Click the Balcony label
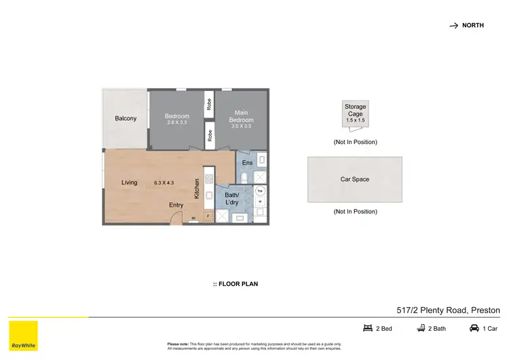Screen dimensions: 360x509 126,119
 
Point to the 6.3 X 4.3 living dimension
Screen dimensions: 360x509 164,182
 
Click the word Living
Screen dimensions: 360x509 130,182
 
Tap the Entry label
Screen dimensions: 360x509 176,204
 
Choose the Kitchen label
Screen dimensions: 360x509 197,188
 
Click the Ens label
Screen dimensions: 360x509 247,163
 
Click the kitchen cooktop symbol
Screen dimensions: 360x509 209,179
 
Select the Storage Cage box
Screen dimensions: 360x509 355,113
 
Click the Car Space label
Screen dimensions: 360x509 355,179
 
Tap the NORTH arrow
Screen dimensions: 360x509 453,26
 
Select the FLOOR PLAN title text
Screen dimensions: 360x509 235,284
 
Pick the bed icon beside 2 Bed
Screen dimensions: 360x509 369,329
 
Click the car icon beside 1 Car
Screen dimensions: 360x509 474,329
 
